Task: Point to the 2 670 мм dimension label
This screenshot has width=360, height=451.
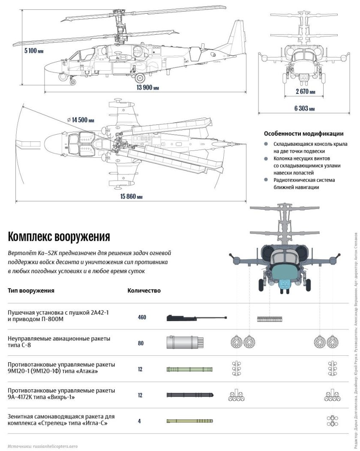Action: pos(306,91)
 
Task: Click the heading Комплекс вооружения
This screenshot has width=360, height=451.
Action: pos(59,237)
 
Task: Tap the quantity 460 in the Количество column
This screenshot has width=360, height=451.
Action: pos(142,318)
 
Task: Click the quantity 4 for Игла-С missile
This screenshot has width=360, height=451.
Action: pos(139,421)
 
